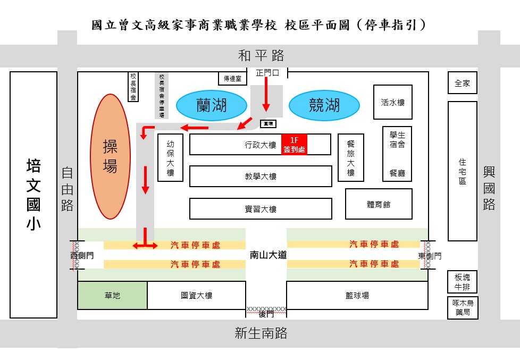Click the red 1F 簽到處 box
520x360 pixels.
(x=294, y=145)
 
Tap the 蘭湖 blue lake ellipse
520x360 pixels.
(x=211, y=105)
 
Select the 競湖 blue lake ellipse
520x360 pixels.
(x=324, y=105)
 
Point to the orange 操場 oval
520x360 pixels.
(x=110, y=156)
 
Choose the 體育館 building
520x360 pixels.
(x=379, y=204)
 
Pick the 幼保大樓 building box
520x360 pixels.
(x=170, y=158)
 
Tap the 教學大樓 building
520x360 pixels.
(x=261, y=177)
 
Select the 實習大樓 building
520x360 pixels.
(x=261, y=209)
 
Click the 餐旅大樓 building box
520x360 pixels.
(x=350, y=158)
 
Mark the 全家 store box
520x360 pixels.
(x=462, y=83)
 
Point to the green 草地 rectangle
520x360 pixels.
(x=112, y=296)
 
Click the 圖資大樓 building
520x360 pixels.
(x=196, y=296)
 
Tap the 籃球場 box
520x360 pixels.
(x=357, y=296)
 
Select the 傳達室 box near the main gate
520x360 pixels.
(x=233, y=78)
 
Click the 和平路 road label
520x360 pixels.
(x=261, y=55)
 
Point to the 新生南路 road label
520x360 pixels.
(x=261, y=333)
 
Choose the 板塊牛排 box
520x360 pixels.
(x=462, y=282)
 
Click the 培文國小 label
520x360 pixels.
(x=33, y=195)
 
